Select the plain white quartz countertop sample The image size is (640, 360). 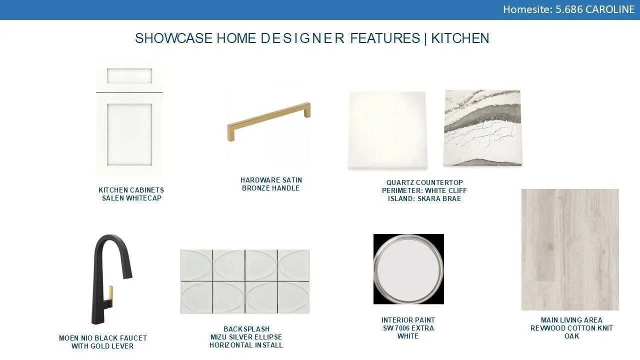387,130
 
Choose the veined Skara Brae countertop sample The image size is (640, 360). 482,127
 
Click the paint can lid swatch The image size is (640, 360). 408,269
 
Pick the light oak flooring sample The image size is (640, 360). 570,249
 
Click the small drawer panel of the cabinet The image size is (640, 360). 129,75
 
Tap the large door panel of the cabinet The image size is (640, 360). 129,134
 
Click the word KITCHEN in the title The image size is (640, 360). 460,38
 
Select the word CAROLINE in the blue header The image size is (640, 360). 610,9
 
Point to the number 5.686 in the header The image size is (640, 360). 569,9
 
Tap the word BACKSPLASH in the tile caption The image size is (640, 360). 246,329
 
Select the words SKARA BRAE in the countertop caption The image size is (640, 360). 439,198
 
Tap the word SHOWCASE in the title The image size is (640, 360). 173,38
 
